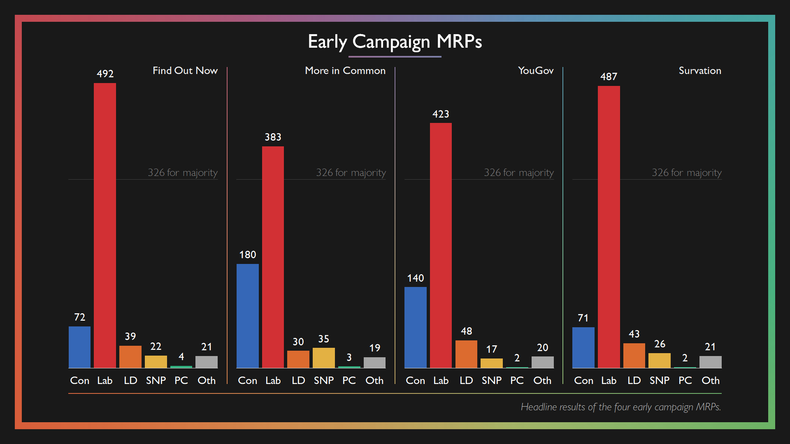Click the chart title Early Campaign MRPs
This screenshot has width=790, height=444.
pyautogui.click(x=395, y=42)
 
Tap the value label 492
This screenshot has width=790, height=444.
pyautogui.click(x=105, y=74)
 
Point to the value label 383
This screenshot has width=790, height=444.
pyautogui.click(x=273, y=137)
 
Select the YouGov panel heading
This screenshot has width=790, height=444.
pyautogui.click(x=536, y=71)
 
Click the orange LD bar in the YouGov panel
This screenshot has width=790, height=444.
pyautogui.click(x=466, y=354)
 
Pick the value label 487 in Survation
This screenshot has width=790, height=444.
pyautogui.click(x=609, y=76)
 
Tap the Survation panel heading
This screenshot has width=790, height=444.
pyautogui.click(x=699, y=71)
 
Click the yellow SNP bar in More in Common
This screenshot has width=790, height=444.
pyautogui.click(x=324, y=358)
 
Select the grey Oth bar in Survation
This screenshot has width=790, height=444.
pyautogui.click(x=710, y=362)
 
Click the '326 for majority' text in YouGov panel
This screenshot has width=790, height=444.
pyautogui.click(x=518, y=173)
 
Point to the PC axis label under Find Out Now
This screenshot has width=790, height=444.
pyautogui.click(x=181, y=380)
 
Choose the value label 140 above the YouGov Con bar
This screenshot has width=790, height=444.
pyautogui.click(x=415, y=278)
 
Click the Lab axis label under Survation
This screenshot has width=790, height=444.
pyautogui.click(x=609, y=380)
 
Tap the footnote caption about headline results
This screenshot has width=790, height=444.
pyautogui.click(x=620, y=407)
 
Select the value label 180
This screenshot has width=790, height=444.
pyautogui.click(x=248, y=255)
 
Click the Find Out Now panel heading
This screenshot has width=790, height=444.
pyautogui.click(x=185, y=71)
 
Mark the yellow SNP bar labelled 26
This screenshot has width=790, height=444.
pyautogui.click(x=660, y=361)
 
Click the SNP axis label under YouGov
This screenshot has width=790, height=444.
pyautogui.click(x=492, y=380)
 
